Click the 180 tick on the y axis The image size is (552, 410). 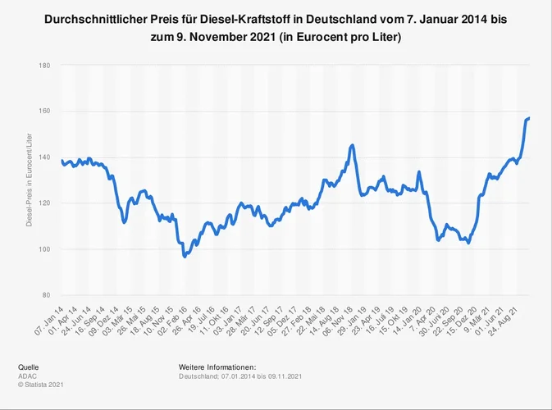(x=44, y=65)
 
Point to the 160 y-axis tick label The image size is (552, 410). (x=44, y=111)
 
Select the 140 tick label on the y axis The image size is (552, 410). (x=44, y=157)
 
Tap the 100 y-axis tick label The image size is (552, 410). (x=44, y=249)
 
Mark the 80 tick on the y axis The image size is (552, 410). (x=46, y=295)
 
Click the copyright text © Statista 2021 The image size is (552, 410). (x=40, y=384)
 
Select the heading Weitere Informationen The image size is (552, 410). (x=217, y=367)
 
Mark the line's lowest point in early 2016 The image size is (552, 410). (x=185, y=257)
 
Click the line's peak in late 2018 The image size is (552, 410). (x=353, y=145)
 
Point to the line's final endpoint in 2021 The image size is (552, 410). (x=529, y=119)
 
